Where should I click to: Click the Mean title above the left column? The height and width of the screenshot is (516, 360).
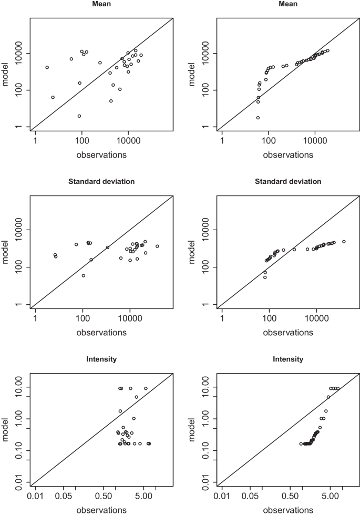click(x=101, y=4)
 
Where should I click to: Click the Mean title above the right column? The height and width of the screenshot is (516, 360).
click(x=288, y=4)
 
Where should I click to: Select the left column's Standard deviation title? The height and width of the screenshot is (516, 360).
click(x=101, y=182)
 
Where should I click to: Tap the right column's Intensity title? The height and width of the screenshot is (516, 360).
click(x=288, y=359)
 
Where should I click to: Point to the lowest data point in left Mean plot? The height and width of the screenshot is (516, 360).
click(x=79, y=116)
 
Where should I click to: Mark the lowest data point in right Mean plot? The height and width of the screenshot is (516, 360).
click(x=258, y=118)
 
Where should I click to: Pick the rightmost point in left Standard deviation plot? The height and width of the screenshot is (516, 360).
click(x=157, y=246)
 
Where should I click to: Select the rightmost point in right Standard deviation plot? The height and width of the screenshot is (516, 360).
click(x=344, y=242)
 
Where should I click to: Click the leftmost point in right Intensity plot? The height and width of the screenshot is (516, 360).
click(x=301, y=443)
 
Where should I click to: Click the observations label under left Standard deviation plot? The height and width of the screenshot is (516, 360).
click(x=101, y=333)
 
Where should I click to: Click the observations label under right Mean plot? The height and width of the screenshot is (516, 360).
click(x=288, y=155)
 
